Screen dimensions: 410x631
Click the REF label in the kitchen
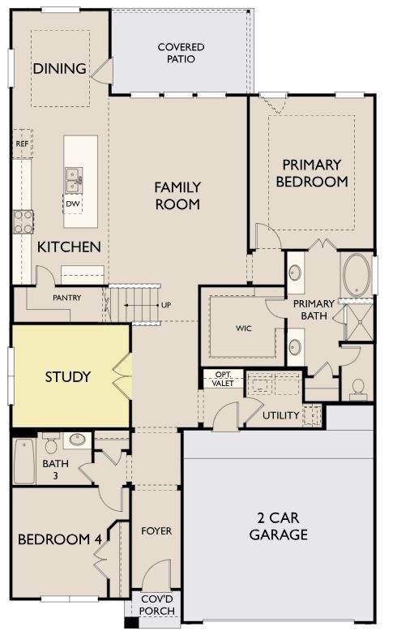[x=22, y=144]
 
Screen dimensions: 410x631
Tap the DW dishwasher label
[x=73, y=204]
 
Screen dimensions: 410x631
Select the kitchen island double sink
[x=74, y=180]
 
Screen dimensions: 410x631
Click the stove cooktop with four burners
[x=23, y=221]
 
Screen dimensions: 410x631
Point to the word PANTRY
[x=66, y=298]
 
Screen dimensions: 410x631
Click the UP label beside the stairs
[x=166, y=305]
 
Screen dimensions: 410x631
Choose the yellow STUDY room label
[x=67, y=376]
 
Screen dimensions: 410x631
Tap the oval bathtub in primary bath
[x=357, y=275]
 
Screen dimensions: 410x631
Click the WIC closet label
[x=244, y=328]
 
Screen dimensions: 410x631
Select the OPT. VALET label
[x=223, y=379]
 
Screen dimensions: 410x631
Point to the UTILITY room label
[x=280, y=415]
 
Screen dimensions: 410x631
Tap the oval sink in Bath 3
[x=77, y=439]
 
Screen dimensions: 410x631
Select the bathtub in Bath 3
[x=24, y=461]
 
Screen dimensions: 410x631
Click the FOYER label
[x=156, y=530]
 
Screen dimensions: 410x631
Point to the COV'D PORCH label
[x=157, y=605]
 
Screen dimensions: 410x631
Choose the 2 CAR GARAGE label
[x=278, y=526]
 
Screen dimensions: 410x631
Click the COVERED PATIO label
[x=181, y=53]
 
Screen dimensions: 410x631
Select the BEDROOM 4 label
[x=59, y=539]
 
